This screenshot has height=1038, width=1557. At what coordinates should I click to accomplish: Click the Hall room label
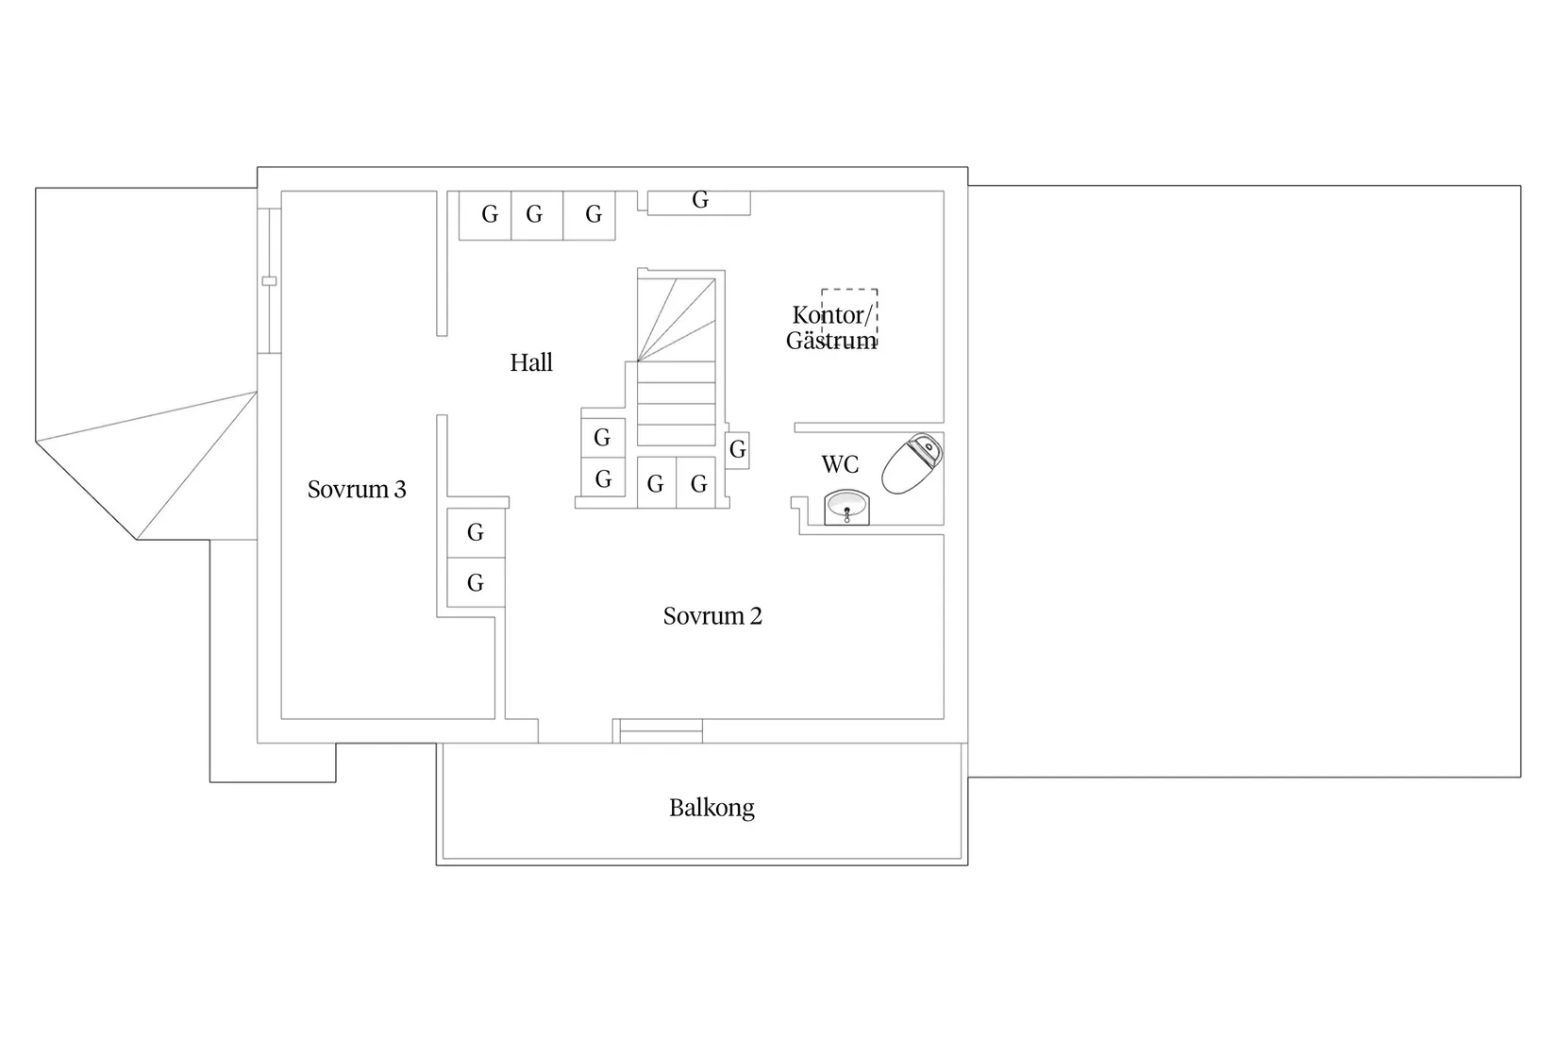click(531, 362)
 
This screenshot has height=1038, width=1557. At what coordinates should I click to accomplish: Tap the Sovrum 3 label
click(357, 490)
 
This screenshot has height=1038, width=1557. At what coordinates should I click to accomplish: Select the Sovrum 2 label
click(712, 616)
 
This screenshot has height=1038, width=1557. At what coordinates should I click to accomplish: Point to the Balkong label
click(712, 808)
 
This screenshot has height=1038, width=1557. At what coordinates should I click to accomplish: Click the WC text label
click(840, 464)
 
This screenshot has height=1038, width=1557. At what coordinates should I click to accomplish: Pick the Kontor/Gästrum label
click(831, 328)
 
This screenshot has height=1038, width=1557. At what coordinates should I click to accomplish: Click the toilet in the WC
click(912, 463)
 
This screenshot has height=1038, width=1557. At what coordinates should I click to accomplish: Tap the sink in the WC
click(846, 508)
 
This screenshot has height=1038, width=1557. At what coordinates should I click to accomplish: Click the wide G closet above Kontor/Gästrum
click(699, 202)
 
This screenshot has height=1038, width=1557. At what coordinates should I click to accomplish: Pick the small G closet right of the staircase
click(738, 450)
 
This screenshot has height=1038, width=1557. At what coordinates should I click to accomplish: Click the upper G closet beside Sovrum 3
click(476, 532)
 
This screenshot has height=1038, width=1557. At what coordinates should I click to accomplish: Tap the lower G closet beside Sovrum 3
click(476, 582)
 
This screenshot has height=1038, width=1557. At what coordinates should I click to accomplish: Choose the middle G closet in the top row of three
click(537, 215)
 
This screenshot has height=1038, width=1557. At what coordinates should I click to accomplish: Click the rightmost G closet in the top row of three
click(590, 215)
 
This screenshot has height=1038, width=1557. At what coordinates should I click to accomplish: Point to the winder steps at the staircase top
click(677, 320)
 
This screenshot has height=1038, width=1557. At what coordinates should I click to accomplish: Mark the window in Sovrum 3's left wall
click(269, 281)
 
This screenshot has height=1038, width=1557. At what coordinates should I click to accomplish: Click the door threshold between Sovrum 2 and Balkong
click(661, 730)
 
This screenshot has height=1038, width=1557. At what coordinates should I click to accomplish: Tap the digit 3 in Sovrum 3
click(400, 490)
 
